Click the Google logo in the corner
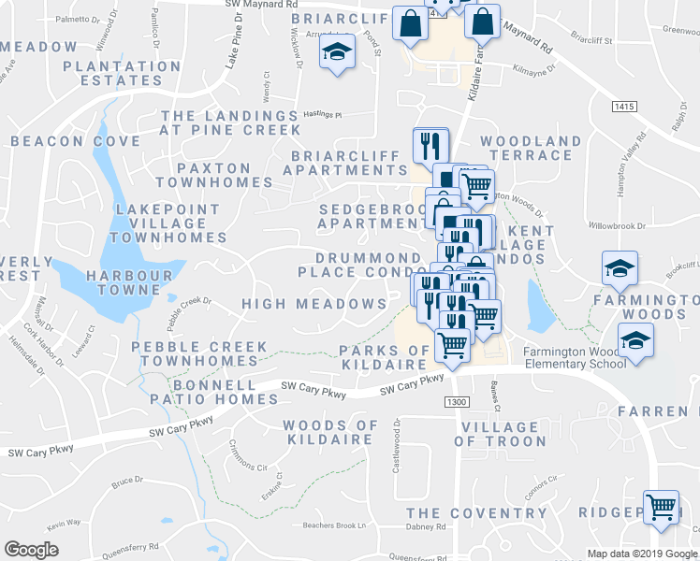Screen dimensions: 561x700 tap(31, 550)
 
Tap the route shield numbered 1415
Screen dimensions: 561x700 tap(625, 108)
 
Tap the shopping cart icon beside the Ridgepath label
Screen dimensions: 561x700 tap(662, 508)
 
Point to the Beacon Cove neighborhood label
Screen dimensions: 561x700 tap(76, 141)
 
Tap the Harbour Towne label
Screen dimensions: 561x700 tap(129, 282)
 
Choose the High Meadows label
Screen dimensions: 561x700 tap(314, 304)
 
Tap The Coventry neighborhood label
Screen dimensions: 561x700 tap(476, 513)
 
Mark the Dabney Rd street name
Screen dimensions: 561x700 tap(427, 527)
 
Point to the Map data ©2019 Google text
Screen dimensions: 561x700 tap(641, 554)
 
